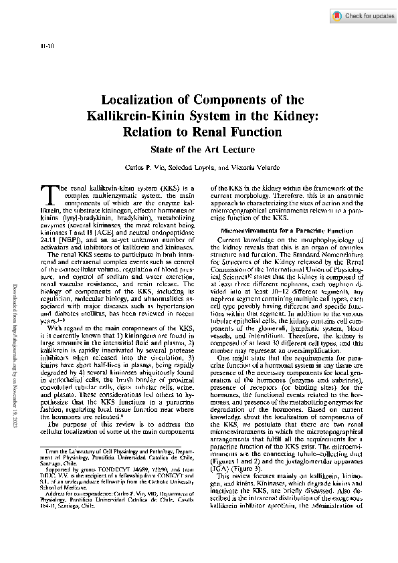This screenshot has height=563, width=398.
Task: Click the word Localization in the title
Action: pos(139,100)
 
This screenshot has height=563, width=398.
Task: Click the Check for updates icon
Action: pos(338,15)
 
